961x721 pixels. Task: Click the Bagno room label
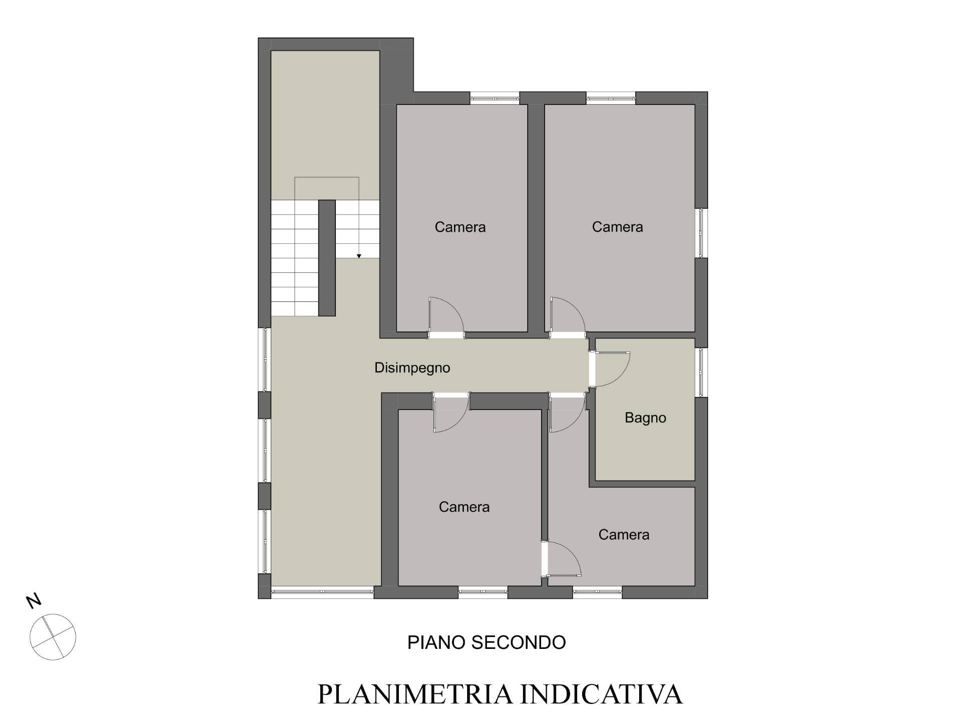click(645, 418)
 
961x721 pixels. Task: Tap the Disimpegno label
click(412, 368)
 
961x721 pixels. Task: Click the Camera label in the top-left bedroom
click(460, 227)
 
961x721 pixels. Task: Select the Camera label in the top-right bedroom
click(617, 227)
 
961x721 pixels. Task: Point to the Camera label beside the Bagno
click(624, 535)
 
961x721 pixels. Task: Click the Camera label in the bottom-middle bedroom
click(464, 507)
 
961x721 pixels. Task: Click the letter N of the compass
click(34, 601)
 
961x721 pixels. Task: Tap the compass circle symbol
click(53, 637)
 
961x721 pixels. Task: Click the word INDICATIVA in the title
click(602, 694)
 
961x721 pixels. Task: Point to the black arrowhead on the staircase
click(359, 256)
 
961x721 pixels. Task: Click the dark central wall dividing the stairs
click(327, 258)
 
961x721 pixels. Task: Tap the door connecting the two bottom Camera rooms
click(562, 559)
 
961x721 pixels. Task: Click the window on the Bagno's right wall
click(701, 373)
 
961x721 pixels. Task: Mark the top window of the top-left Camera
click(495, 98)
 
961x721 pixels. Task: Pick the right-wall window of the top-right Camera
click(701, 233)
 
